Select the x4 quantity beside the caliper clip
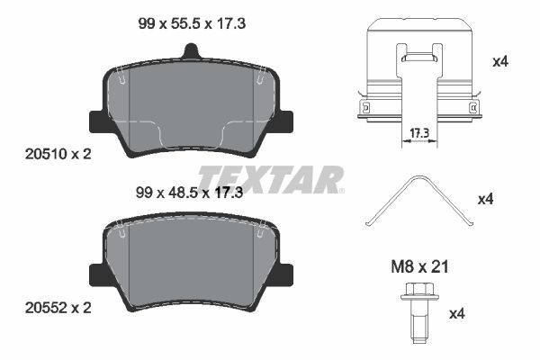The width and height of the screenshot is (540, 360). [500, 62]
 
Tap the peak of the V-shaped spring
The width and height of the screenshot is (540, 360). [411, 178]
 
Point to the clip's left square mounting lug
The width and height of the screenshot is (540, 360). [363, 109]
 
